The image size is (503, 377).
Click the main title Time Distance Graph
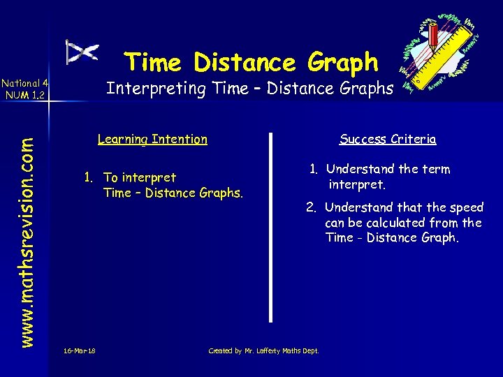tap(251, 63)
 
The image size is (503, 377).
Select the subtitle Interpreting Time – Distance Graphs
tap(249, 89)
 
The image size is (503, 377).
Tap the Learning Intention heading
tap(152, 139)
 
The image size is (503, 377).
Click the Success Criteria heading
tap(388, 139)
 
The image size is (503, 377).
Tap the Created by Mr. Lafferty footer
tap(263, 350)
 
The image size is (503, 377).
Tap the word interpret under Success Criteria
tap(356, 185)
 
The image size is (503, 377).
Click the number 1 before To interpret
tap(88, 177)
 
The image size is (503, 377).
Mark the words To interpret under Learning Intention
tap(140, 177)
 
